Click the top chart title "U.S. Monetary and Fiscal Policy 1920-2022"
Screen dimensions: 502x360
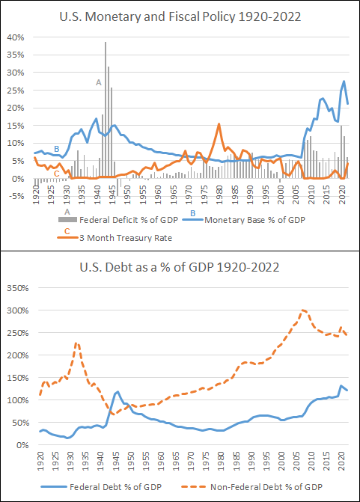180,15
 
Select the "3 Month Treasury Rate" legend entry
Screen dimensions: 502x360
123,238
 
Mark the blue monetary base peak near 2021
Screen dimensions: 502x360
344,82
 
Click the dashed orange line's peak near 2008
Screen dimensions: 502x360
303,310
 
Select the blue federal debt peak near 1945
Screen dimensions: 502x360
117,391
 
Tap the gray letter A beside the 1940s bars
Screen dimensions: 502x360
98,82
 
